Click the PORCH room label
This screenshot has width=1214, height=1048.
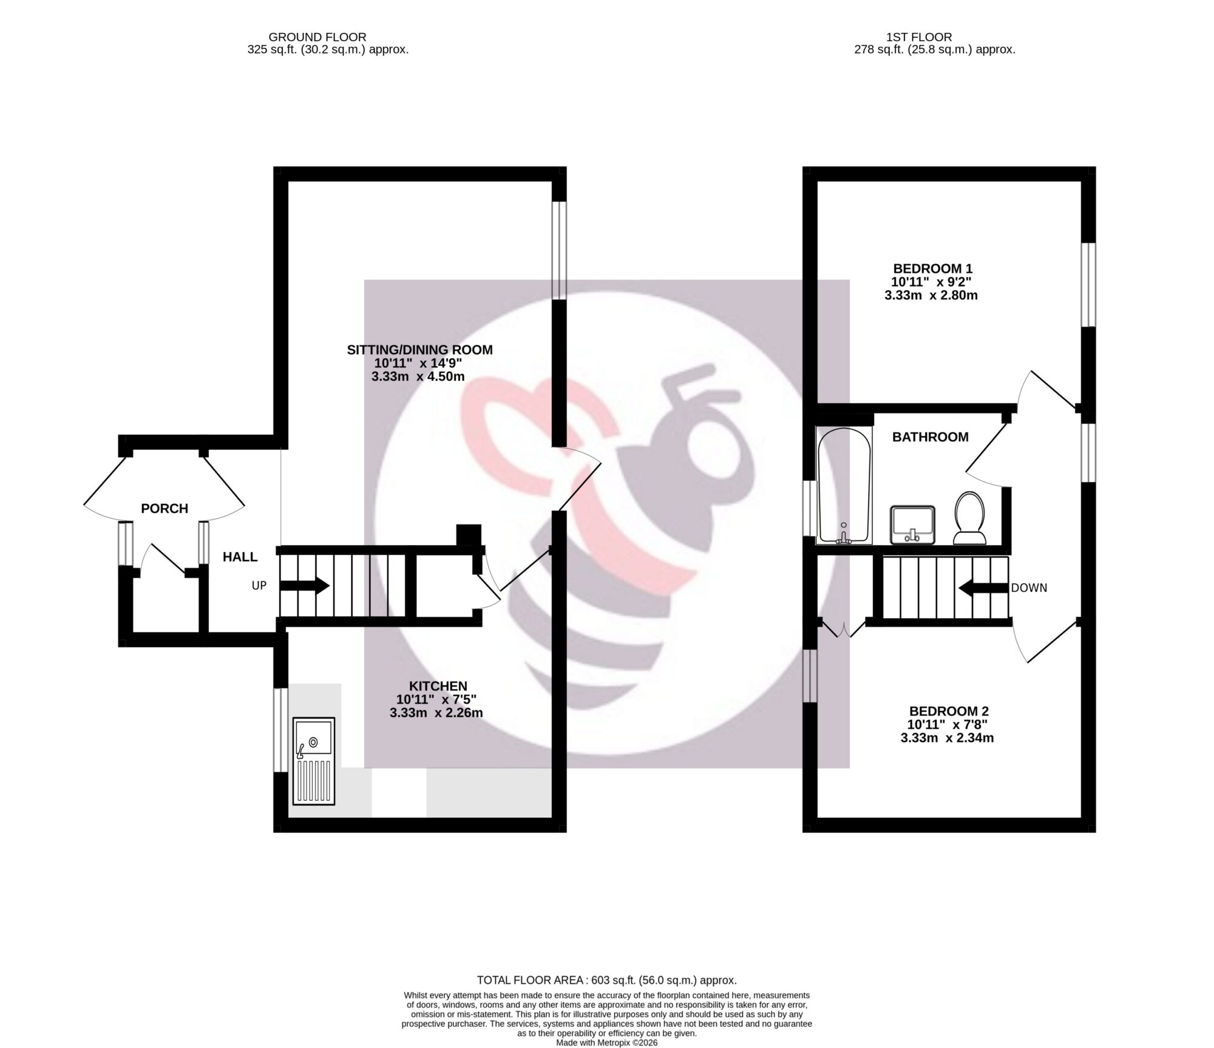pos(164,509)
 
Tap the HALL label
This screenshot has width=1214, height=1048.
pos(240,557)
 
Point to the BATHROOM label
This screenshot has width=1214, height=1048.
pos(930,437)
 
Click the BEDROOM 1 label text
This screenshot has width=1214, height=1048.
pos(932,268)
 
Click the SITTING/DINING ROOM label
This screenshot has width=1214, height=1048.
pos(419,350)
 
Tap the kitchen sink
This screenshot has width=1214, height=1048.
pos(314,761)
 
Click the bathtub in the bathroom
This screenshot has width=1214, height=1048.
pos(844,491)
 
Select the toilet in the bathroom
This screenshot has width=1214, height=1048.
pos(969,517)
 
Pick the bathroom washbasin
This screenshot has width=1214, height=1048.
pos(912,525)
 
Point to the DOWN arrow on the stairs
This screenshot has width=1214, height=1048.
pos(983,588)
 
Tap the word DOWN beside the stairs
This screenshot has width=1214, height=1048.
pos(1029,588)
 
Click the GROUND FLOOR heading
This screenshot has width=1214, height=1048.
pos(317,38)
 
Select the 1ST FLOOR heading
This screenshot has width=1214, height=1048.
pos(935,38)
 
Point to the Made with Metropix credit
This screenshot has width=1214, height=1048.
pos(607,1043)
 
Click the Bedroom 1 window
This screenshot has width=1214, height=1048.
pos(1089,285)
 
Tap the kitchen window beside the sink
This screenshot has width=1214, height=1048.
pos(280,730)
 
